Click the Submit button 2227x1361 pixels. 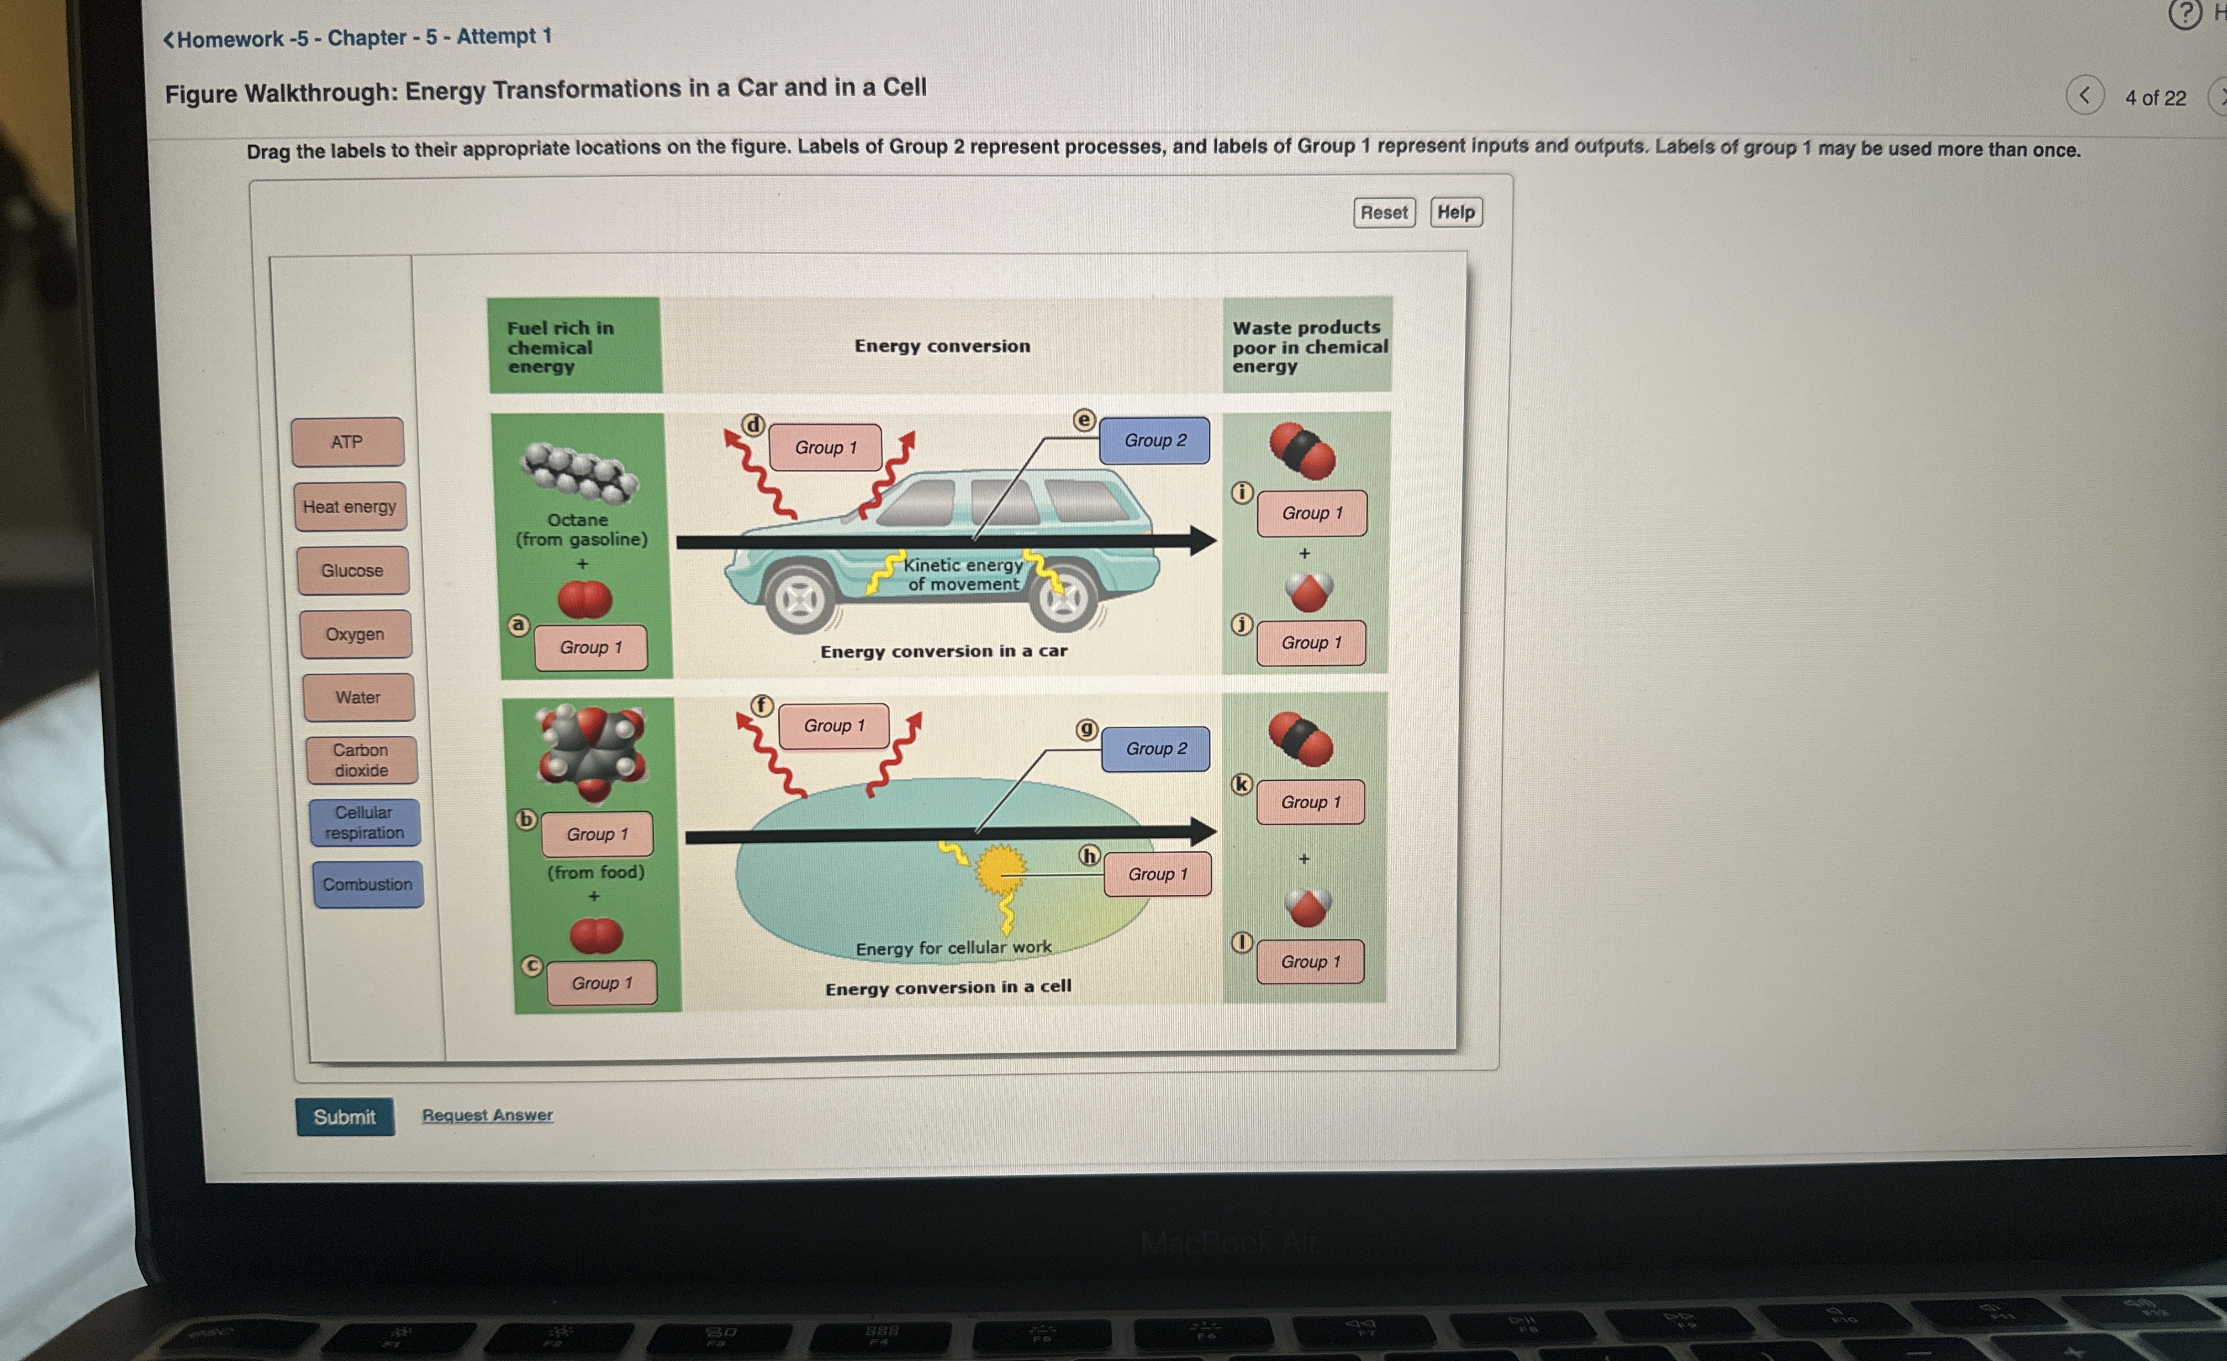344,1117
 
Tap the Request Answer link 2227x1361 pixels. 487,1115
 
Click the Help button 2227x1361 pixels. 1455,212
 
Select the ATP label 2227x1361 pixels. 347,442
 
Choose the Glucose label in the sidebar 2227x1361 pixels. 352,570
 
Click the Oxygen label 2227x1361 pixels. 355,635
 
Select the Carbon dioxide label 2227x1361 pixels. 361,760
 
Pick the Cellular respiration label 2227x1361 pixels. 364,822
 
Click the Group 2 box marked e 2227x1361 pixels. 1154,440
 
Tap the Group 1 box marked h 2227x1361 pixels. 1157,874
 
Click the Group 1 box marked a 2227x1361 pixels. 591,647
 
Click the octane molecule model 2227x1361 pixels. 578,471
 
